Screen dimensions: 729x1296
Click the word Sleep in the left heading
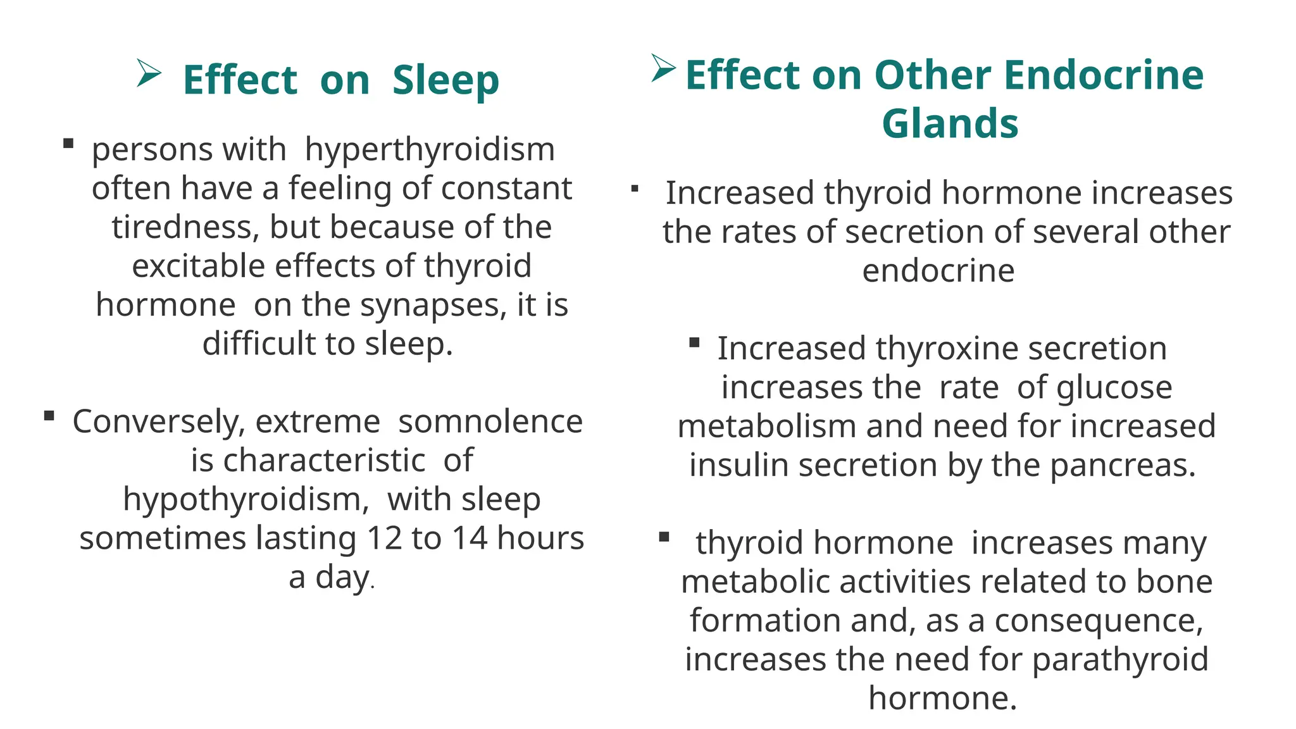(x=445, y=80)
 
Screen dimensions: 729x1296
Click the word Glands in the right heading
(x=950, y=123)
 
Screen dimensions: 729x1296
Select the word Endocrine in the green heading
(x=1103, y=75)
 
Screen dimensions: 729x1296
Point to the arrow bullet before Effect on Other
(x=663, y=68)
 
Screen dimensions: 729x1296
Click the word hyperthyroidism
(x=430, y=150)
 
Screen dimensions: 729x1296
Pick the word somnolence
(x=490, y=421)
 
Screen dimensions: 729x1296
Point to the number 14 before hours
(x=470, y=539)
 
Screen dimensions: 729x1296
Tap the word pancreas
(x=1123, y=466)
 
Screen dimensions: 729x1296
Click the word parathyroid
(x=1120, y=660)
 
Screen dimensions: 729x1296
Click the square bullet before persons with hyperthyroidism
(x=68, y=144)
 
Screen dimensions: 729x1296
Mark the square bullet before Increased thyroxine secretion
(x=694, y=343)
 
